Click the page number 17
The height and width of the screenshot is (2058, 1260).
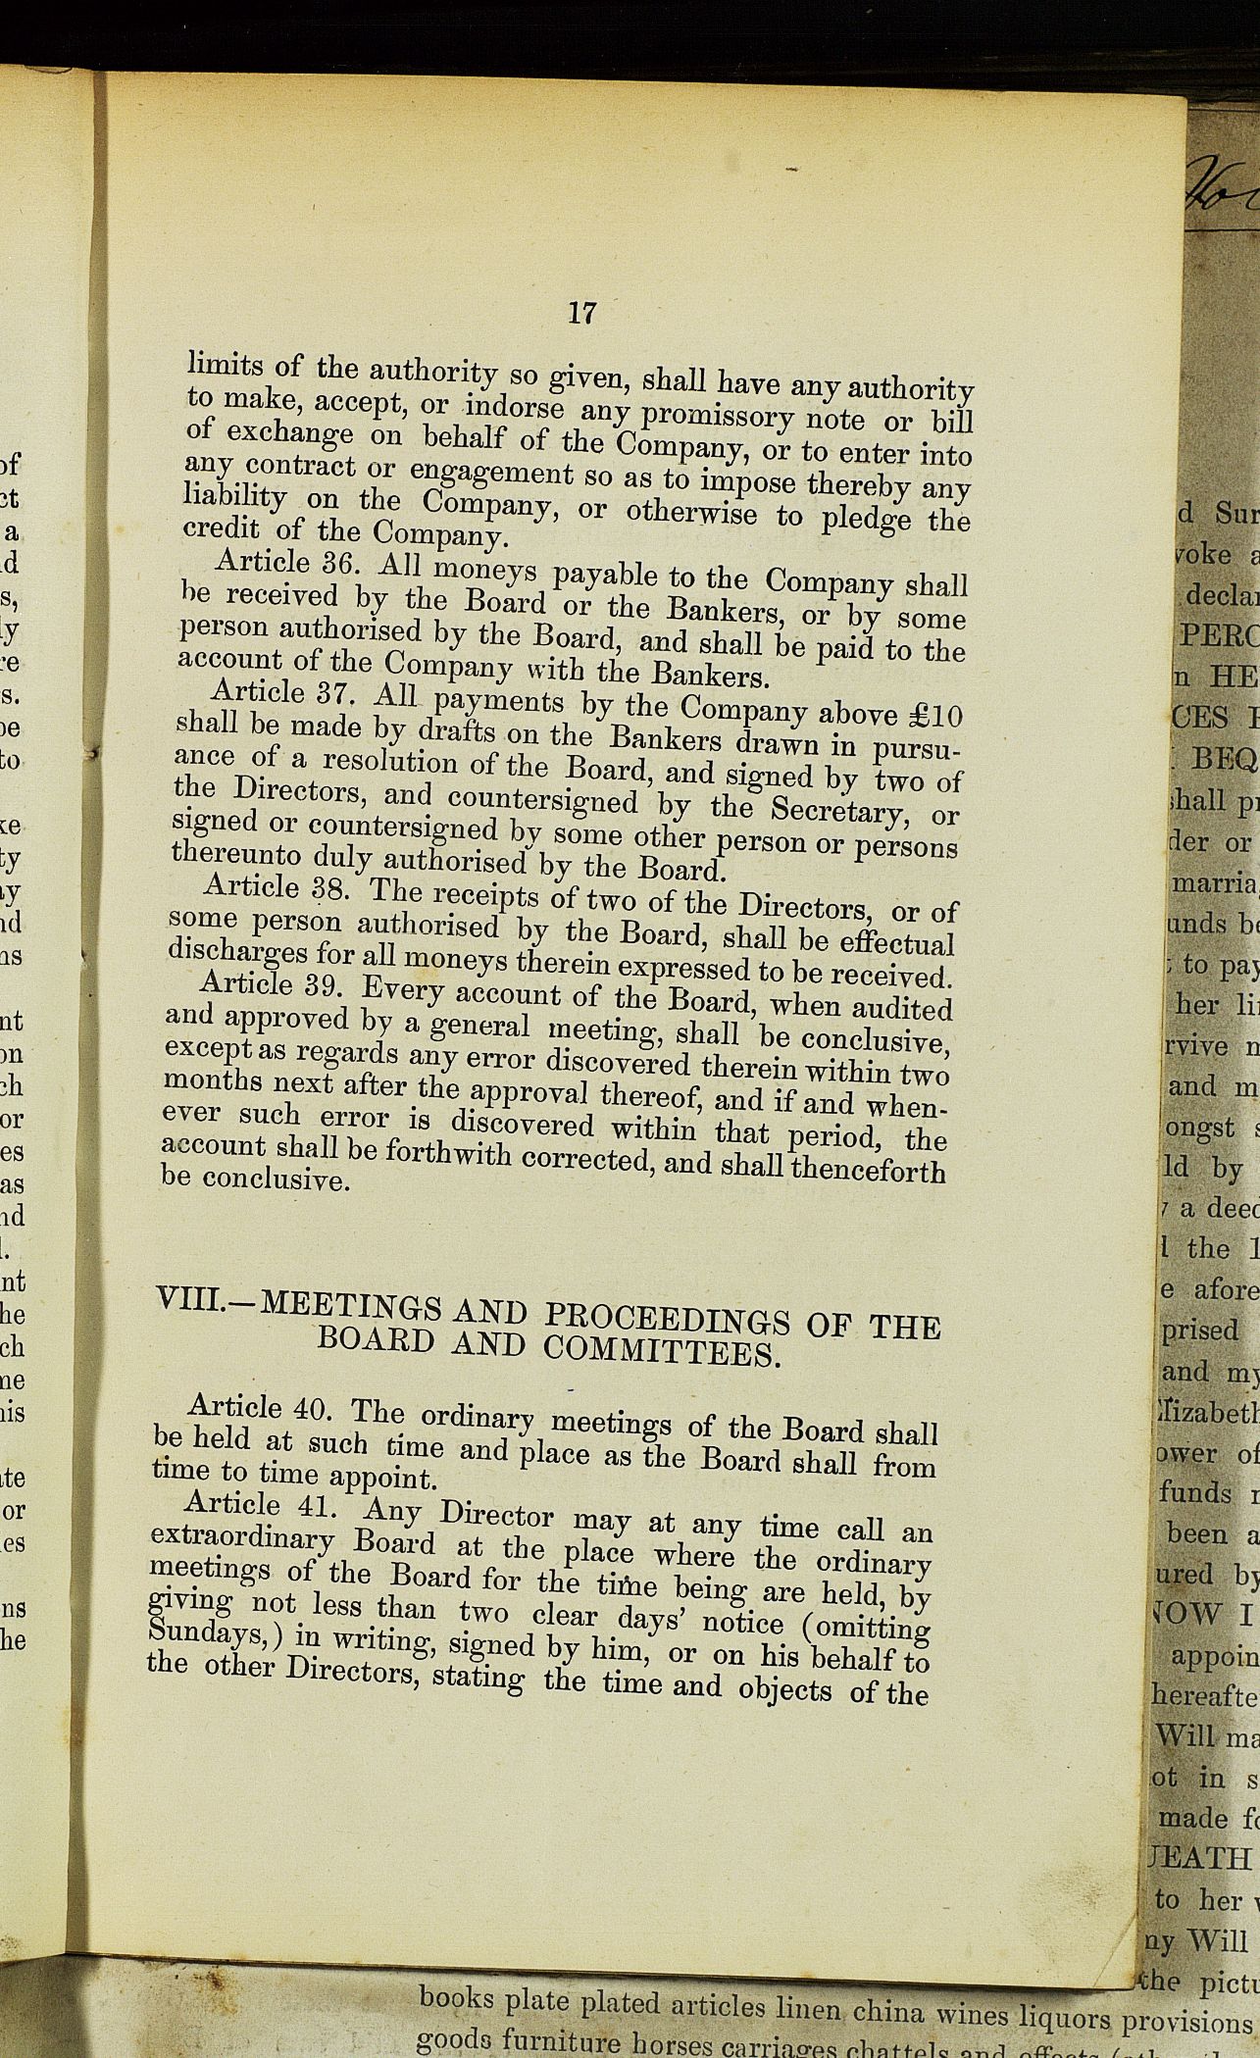pos(581,313)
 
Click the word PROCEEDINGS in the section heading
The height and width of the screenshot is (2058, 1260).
pos(666,1319)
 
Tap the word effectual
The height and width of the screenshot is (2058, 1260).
pos(892,942)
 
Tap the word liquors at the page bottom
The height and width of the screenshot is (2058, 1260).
pos(1061,2013)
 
